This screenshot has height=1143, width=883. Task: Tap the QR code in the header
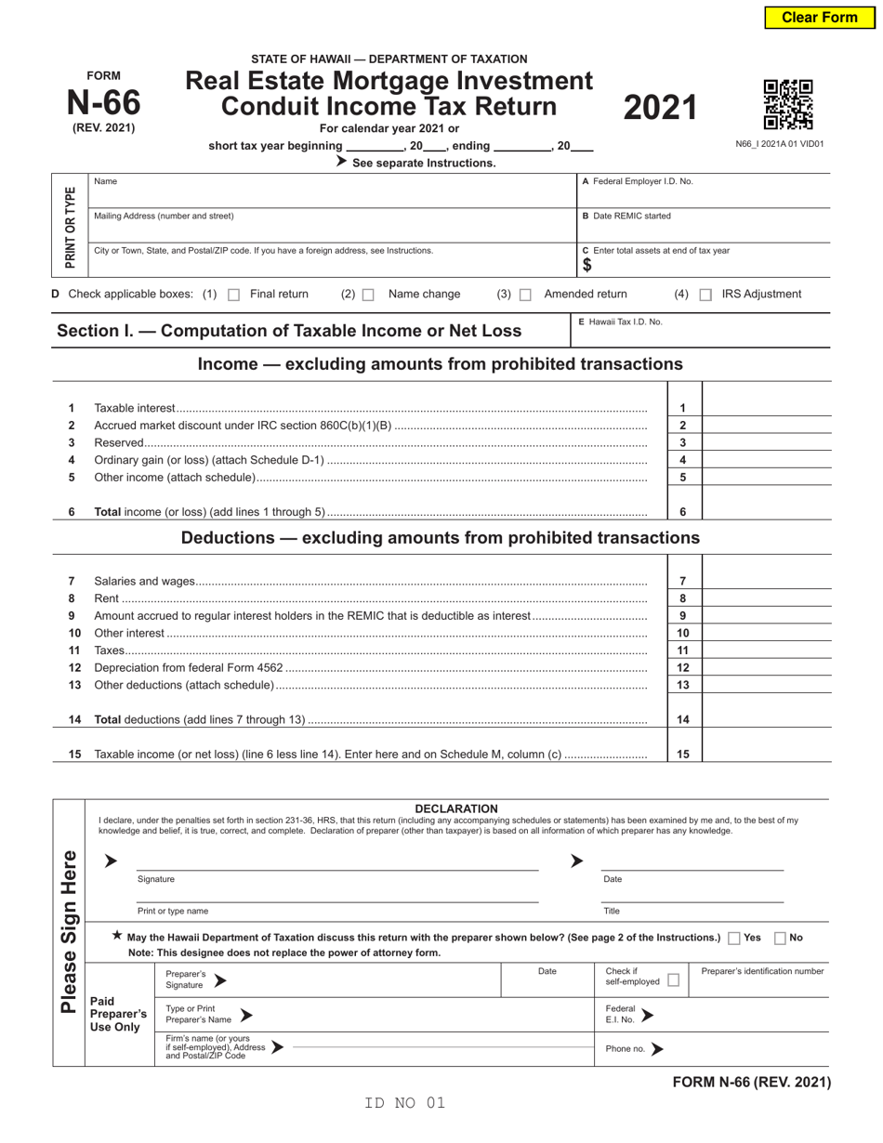click(787, 104)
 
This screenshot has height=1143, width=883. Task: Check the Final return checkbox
click(234, 295)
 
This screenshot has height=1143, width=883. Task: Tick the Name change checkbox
click(368, 295)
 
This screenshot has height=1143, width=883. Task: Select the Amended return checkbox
click(525, 295)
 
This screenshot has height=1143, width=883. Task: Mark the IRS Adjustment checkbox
click(705, 295)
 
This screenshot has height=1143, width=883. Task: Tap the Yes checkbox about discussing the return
click(735, 939)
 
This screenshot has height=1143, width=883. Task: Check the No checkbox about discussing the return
click(780, 939)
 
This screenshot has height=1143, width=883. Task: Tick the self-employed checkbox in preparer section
click(674, 980)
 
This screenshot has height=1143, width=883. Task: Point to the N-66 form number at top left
click(103, 102)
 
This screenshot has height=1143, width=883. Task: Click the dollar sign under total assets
click(586, 266)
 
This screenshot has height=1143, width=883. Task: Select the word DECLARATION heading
click(455, 808)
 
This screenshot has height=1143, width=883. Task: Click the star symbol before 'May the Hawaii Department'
click(116, 937)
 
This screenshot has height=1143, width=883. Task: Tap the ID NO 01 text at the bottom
click(405, 1103)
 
